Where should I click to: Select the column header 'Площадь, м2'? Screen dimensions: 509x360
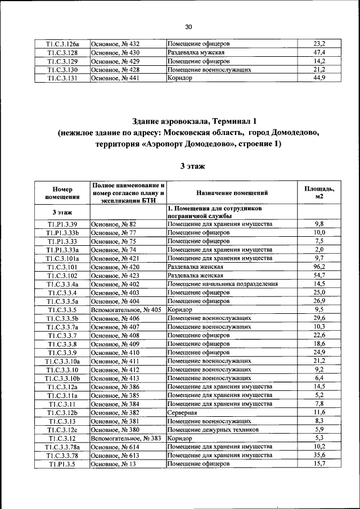(319, 193)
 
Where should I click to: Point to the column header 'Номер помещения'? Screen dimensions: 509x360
(62, 193)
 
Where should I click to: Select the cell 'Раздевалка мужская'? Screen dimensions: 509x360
(195, 52)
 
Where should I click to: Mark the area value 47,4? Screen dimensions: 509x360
(319, 52)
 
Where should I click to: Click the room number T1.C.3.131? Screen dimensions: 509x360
(62, 78)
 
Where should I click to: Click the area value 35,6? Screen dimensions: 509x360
(319, 455)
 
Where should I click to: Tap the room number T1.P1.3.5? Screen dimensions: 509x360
(62, 463)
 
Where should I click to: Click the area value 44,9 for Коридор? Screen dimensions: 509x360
(319, 78)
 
